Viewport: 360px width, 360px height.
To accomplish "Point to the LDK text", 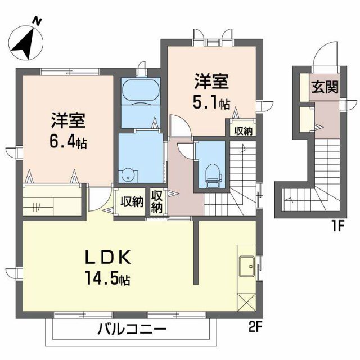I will [x=107, y=258].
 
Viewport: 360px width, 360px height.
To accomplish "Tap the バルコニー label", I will [x=130, y=328].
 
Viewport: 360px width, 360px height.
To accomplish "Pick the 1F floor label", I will [x=337, y=227].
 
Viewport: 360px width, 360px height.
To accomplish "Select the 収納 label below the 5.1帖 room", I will [x=243, y=130].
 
